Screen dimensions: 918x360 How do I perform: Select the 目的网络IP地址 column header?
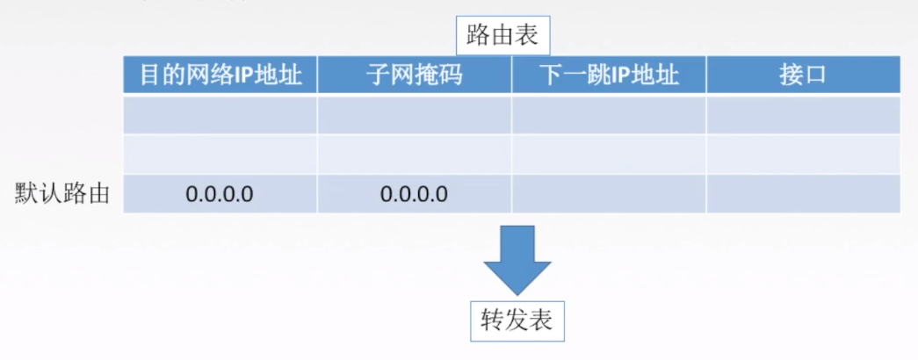point(220,75)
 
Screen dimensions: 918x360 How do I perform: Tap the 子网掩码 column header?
point(415,75)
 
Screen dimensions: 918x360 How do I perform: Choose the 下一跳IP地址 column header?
point(609,75)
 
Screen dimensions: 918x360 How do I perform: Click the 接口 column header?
point(803,75)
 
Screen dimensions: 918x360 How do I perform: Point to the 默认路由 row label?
point(62,193)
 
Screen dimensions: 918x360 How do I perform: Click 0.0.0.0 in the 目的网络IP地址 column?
point(220,193)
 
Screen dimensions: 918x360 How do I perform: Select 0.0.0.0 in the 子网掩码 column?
point(415,193)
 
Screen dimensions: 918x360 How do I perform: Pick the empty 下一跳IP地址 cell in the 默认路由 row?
point(609,193)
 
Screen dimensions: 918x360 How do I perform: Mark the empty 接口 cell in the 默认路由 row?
point(803,193)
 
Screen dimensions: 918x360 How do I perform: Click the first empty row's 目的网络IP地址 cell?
point(220,114)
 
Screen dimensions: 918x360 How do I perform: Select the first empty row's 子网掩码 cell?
point(415,114)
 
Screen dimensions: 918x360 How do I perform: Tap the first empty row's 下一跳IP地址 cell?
point(609,114)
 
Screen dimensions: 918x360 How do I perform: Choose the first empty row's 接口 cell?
point(803,114)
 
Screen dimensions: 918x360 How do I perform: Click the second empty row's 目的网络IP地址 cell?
point(220,154)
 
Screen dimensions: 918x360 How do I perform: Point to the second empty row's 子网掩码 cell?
point(415,154)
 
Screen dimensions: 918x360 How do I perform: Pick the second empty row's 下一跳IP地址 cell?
point(609,154)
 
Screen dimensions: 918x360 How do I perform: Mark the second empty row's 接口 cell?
point(803,154)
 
